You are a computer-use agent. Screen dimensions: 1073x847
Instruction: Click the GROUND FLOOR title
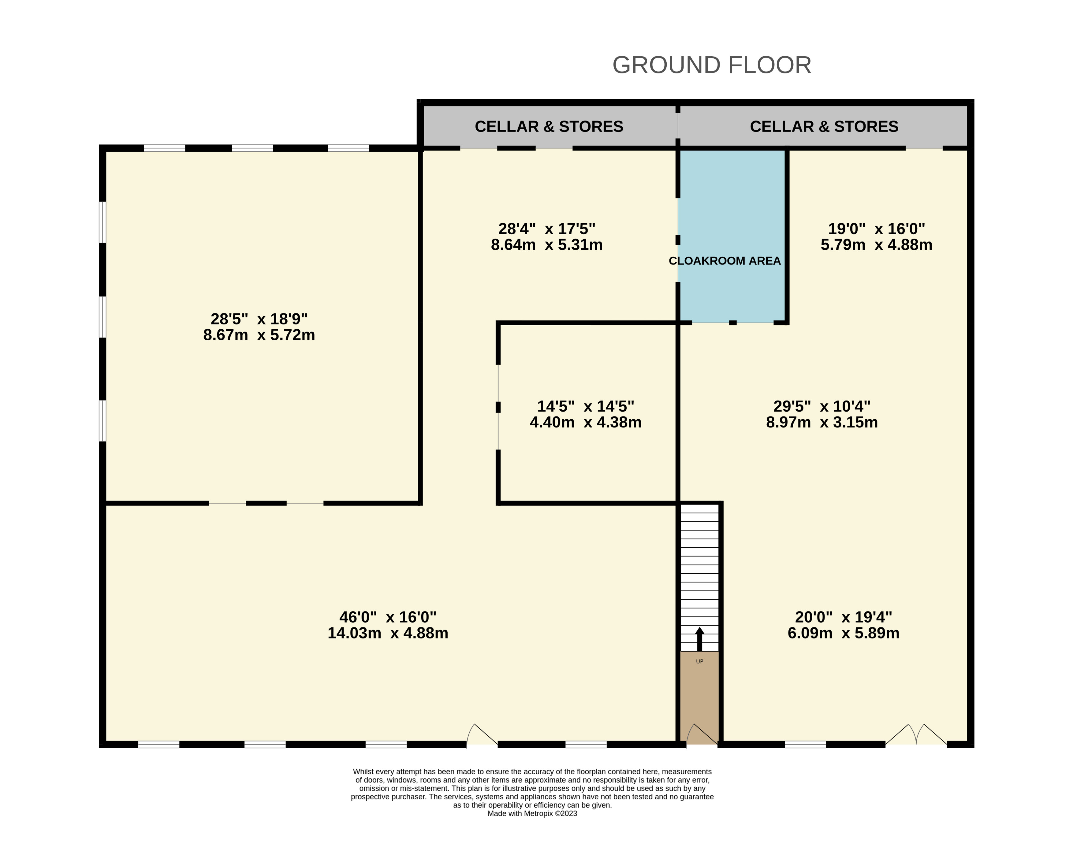(712, 65)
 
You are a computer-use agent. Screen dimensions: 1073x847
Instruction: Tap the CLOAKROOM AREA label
(725, 261)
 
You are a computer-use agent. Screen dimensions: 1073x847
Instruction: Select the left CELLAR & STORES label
(549, 127)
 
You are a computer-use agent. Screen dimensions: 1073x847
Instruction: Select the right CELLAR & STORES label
(824, 127)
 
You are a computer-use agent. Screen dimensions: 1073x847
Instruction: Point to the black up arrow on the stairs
(699, 639)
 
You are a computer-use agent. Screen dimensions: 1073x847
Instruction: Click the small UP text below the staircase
(699, 661)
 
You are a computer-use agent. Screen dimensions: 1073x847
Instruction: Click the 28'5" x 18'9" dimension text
(259, 319)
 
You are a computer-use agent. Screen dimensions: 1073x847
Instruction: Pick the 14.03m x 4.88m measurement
(388, 633)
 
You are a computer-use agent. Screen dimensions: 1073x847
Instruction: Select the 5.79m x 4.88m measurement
(877, 245)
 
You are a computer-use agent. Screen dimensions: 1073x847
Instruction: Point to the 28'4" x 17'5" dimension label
(547, 229)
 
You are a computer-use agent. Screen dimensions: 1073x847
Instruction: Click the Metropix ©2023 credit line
(532, 814)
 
